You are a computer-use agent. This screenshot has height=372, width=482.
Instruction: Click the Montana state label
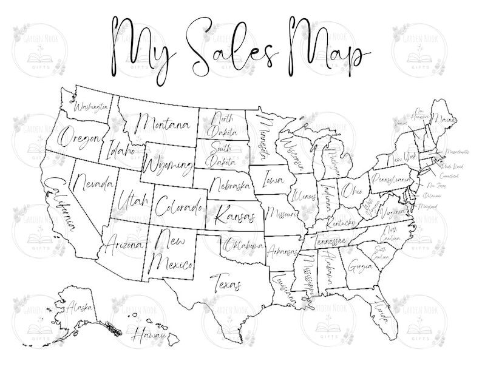point(162,124)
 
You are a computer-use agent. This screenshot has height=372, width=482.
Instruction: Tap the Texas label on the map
point(225,282)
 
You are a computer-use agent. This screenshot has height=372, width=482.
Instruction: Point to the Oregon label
point(78,138)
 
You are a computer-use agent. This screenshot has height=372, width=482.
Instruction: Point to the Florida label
point(381,313)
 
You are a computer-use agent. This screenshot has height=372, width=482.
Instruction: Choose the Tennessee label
point(331,242)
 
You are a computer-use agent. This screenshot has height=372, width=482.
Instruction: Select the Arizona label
point(124,245)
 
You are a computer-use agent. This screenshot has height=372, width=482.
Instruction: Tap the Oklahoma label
point(243,246)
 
